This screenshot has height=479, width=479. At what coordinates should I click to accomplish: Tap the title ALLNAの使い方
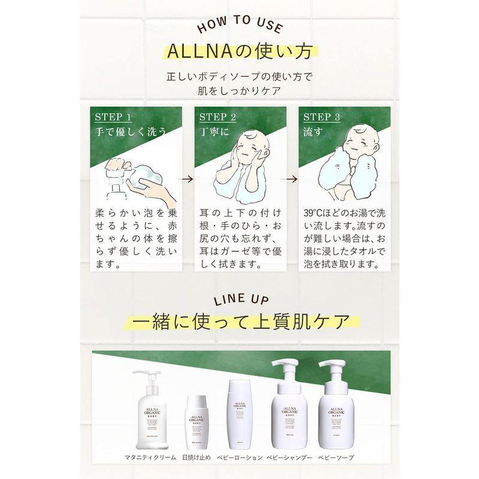(x=239, y=51)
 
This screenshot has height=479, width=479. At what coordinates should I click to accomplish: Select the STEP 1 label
(x=113, y=116)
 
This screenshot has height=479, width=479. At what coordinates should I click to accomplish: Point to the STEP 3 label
(x=322, y=116)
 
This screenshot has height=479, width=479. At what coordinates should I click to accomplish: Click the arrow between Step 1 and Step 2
(x=186, y=178)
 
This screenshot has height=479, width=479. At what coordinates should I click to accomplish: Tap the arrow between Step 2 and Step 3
(x=290, y=178)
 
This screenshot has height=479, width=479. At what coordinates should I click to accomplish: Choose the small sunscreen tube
(x=196, y=422)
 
